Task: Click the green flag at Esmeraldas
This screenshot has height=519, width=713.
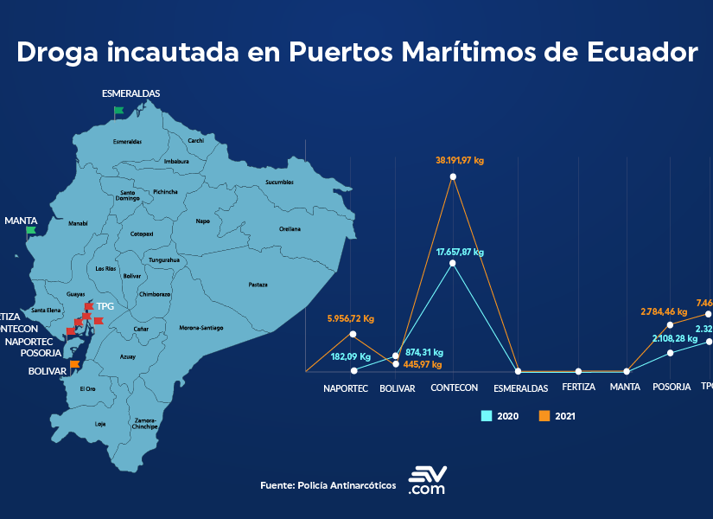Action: (x=118, y=111)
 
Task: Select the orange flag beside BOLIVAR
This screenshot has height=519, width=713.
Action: (x=75, y=364)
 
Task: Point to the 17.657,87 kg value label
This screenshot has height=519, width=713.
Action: (x=454, y=252)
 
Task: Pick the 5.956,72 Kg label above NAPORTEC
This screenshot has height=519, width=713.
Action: (x=351, y=318)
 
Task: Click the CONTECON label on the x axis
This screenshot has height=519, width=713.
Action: (x=454, y=388)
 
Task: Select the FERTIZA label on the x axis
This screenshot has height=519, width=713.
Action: (x=578, y=387)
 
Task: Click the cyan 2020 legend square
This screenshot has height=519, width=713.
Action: (x=487, y=416)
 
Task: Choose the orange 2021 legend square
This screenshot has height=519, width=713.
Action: (x=544, y=416)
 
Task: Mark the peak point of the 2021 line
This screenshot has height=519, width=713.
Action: (x=454, y=176)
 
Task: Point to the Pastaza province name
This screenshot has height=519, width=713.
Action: (x=258, y=285)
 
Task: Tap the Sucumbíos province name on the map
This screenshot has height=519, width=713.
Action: (x=279, y=183)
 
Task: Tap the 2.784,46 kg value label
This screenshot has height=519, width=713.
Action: (x=664, y=311)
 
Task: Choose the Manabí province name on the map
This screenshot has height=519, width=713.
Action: (x=78, y=223)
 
